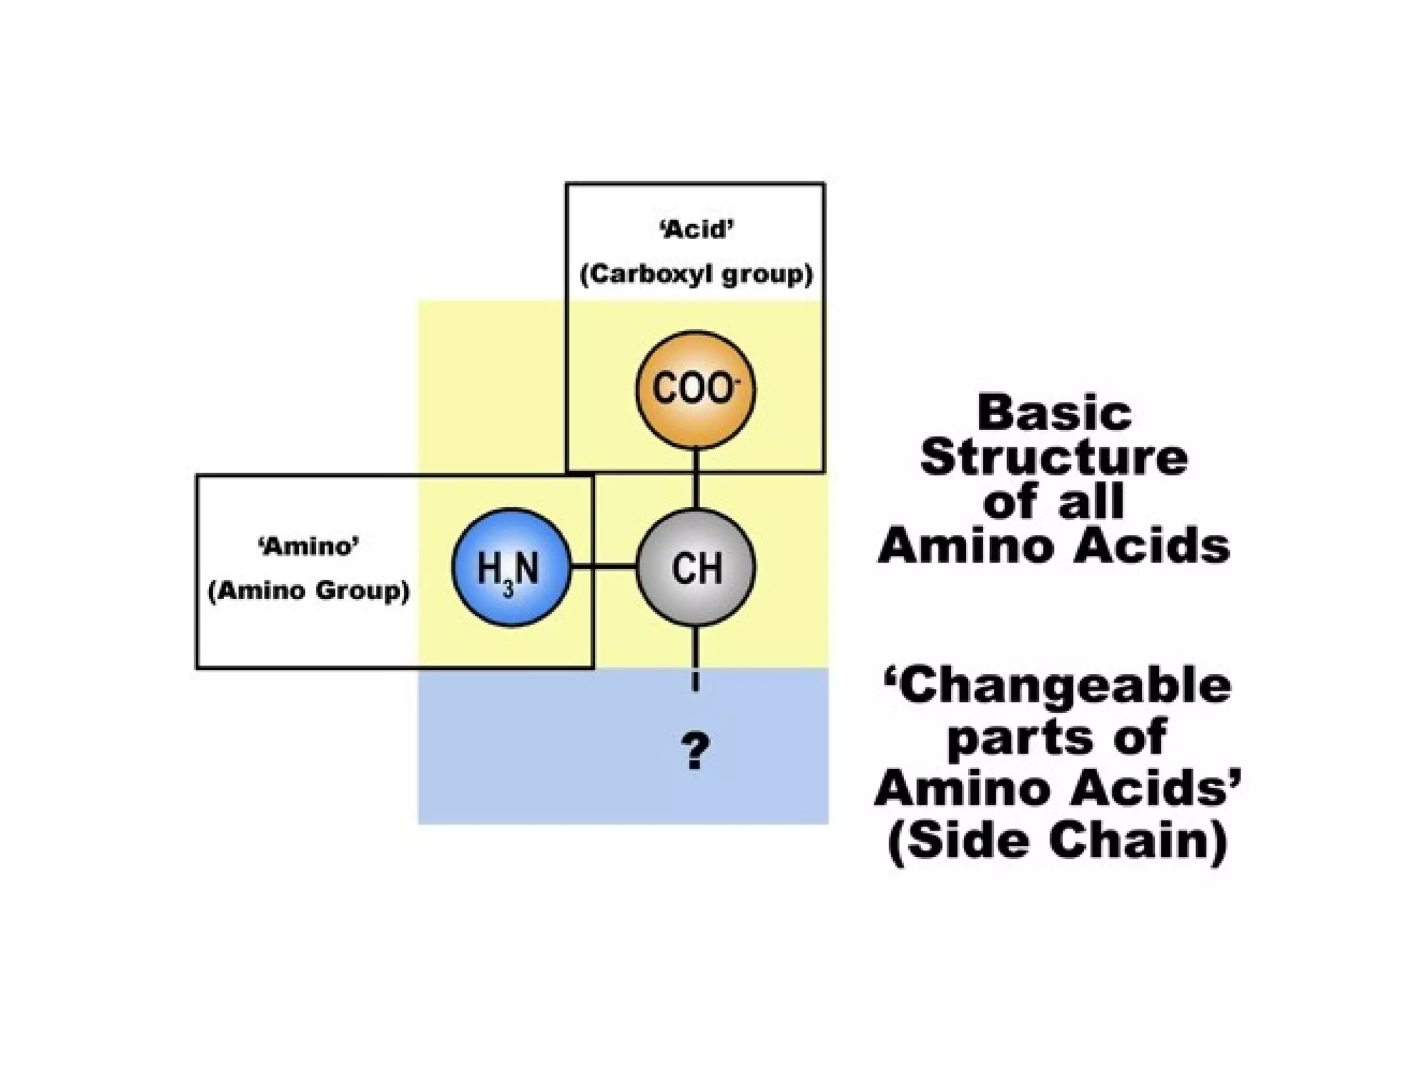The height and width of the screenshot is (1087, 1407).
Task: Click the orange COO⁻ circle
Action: point(695,390)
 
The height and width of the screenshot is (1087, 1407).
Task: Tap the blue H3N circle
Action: point(510,568)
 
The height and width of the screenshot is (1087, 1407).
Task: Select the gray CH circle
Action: point(695,568)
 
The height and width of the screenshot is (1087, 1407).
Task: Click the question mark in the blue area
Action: point(695,752)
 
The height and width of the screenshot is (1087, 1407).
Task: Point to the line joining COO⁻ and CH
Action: point(695,479)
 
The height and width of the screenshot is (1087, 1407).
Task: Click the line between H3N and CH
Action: point(603,567)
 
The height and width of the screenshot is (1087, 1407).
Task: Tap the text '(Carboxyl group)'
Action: point(696,275)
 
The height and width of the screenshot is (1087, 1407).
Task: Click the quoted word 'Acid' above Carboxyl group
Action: point(696,229)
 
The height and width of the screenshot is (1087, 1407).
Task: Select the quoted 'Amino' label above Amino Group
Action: point(308,546)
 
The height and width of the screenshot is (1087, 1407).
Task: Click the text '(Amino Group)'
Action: point(308,591)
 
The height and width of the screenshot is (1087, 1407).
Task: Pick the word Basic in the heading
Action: point(1053,414)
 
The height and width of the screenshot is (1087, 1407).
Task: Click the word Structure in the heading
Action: point(1053,458)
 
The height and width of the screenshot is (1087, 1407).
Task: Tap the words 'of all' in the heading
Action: point(1053,502)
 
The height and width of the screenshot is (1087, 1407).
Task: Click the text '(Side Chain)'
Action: point(1057,840)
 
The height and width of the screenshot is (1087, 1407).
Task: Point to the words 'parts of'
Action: point(1057,737)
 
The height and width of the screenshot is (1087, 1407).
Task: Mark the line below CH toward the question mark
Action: point(695,656)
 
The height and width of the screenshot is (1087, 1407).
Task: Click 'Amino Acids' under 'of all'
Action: point(1053,547)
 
